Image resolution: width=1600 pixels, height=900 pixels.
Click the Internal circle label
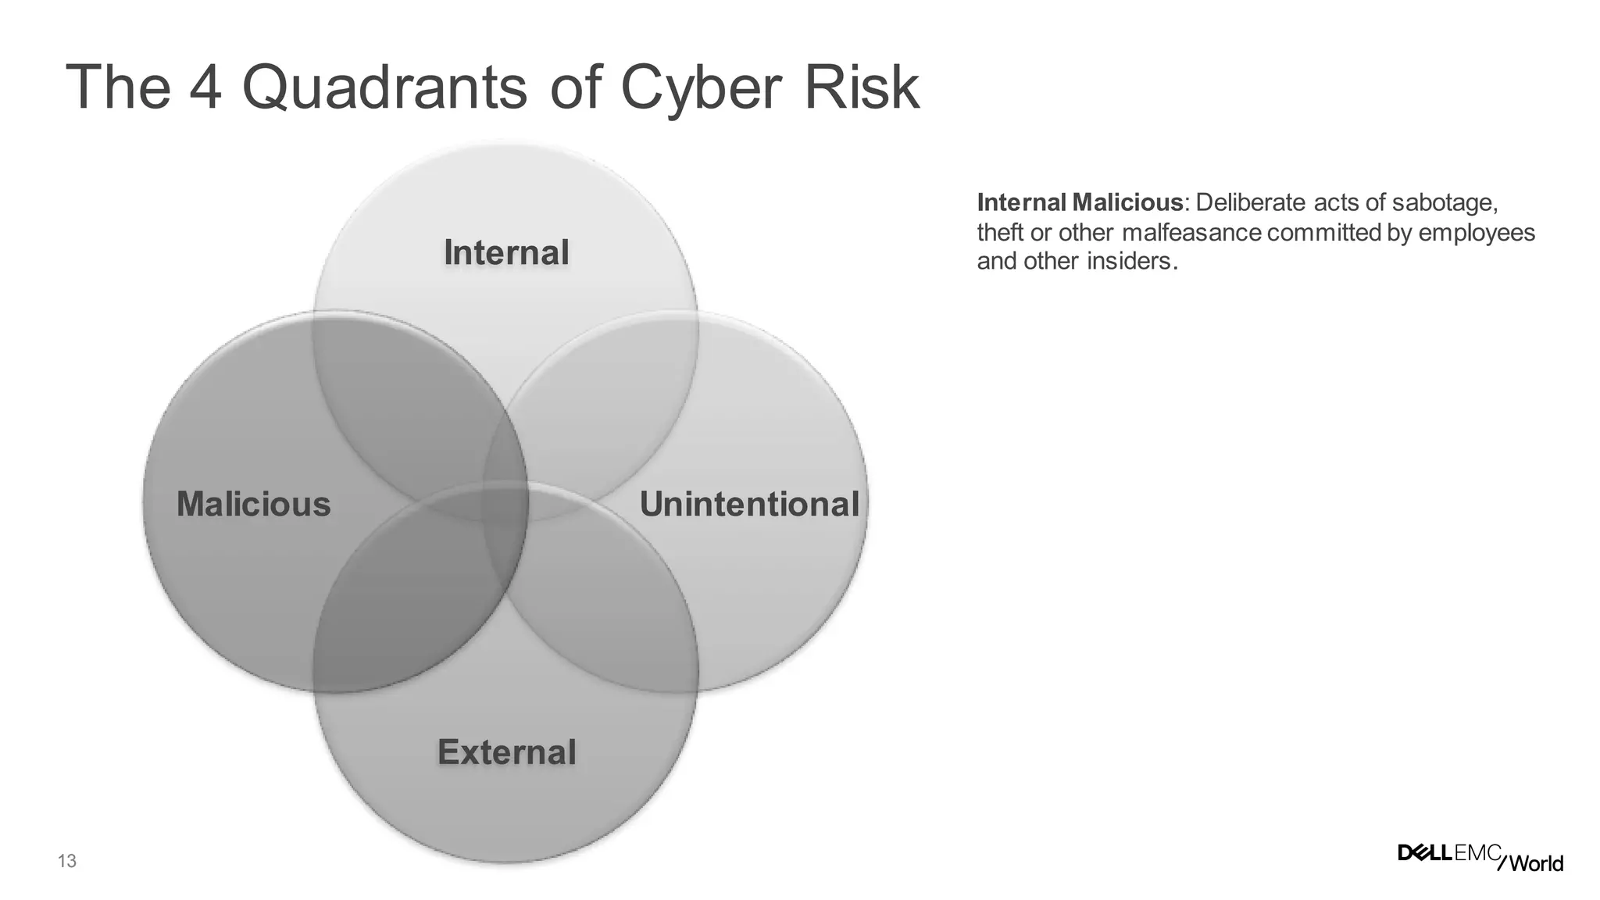[506, 253]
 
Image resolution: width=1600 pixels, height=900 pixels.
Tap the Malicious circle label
[254, 504]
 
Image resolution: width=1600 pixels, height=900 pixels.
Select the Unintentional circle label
[749, 504]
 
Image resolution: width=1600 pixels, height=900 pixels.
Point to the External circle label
[507, 752]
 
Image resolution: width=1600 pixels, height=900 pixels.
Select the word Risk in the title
[862, 87]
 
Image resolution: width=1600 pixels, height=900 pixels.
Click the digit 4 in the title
[205, 87]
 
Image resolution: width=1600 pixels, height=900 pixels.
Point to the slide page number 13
[67, 862]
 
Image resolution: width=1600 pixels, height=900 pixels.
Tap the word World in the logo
[1536, 863]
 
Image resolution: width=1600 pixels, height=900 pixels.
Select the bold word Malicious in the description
[1127, 203]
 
